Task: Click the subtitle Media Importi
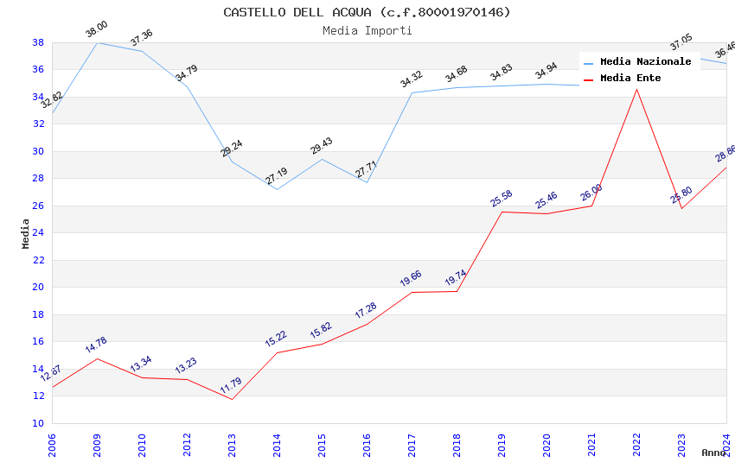pyautogui.click(x=367, y=30)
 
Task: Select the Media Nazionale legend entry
pyautogui.click(x=645, y=62)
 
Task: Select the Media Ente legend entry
pyautogui.click(x=630, y=79)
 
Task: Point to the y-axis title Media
pyautogui.click(x=25, y=233)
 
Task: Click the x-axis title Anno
pyautogui.click(x=713, y=453)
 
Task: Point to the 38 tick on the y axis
pyautogui.click(x=38, y=42)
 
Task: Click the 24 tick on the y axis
pyautogui.click(x=38, y=233)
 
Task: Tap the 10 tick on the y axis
pyautogui.click(x=38, y=423)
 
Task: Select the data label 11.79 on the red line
pyautogui.click(x=231, y=385)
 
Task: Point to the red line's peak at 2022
pyautogui.click(x=636, y=89)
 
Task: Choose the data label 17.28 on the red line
pyautogui.click(x=366, y=311)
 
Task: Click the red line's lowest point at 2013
pyautogui.click(x=232, y=399)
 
